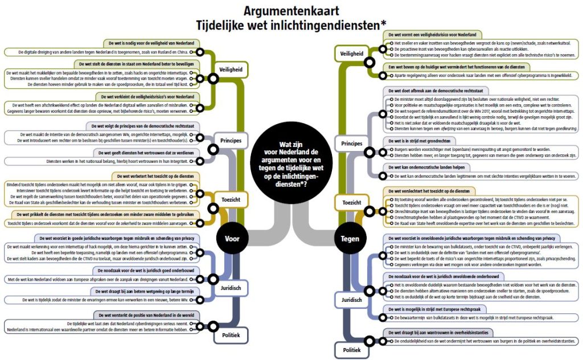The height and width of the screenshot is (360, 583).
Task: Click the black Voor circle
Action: coord(232,239)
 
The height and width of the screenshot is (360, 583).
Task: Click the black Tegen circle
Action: coord(349,239)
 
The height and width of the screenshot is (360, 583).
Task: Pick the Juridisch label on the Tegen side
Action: coord(351,299)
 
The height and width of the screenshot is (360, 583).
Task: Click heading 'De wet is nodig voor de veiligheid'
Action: coord(151,43)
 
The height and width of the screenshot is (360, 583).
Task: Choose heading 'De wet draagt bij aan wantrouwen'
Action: coord(434,332)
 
